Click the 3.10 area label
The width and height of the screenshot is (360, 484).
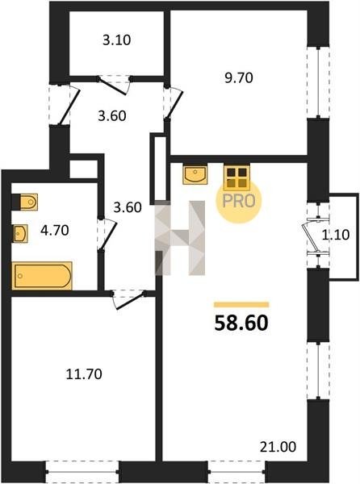click(117, 40)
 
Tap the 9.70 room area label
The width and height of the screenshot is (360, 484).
click(239, 77)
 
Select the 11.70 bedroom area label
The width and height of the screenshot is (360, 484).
click(84, 374)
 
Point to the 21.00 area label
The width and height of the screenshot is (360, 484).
click(278, 447)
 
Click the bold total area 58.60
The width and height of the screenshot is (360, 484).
click(241, 323)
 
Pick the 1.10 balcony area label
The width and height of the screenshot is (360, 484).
click(336, 236)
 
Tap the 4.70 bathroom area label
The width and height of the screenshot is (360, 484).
click(55, 231)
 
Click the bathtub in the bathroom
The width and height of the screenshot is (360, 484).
click(42, 276)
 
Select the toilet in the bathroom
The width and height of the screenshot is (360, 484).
click(25, 202)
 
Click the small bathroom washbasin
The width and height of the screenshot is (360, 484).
click(20, 233)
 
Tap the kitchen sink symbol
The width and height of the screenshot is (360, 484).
click(195, 175)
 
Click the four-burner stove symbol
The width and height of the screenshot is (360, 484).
click(237, 177)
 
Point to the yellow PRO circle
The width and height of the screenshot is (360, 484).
click(239, 201)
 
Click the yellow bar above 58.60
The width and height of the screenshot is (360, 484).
click(241, 305)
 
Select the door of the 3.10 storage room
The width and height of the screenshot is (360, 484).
click(113, 86)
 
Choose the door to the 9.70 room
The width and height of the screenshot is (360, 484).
click(174, 104)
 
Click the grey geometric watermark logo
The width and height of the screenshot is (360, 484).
click(180, 238)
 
